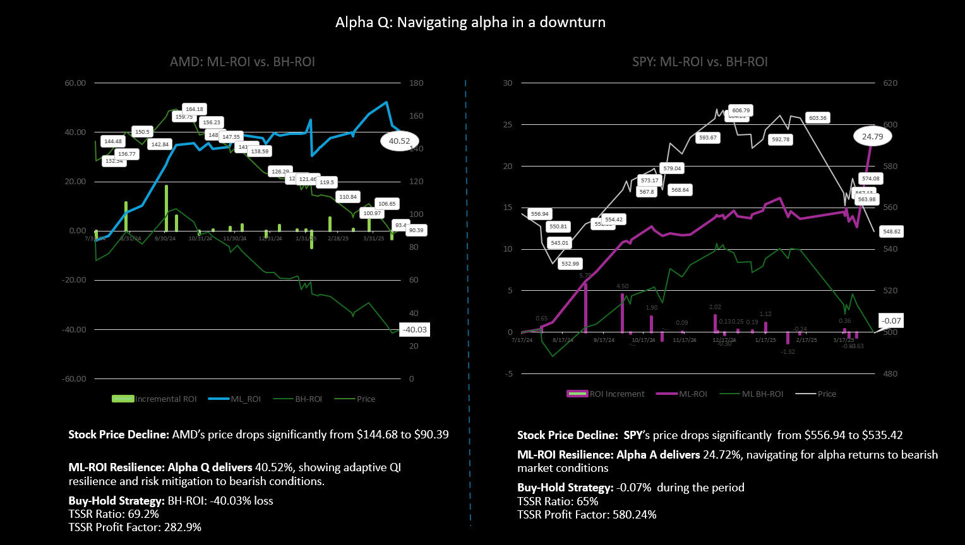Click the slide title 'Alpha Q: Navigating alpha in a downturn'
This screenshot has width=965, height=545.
(470, 23)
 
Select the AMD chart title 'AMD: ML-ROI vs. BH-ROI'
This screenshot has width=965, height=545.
(242, 62)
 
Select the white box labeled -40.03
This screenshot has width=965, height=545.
(414, 329)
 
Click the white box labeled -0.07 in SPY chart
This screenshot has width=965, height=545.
(892, 321)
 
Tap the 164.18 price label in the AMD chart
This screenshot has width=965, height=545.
(195, 109)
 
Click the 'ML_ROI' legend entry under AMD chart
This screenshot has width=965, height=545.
(234, 399)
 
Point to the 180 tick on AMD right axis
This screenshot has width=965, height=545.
(416, 83)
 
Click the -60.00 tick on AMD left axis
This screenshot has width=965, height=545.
(75, 379)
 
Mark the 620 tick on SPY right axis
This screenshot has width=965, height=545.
(890, 83)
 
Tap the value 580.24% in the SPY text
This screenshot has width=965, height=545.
(633, 515)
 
